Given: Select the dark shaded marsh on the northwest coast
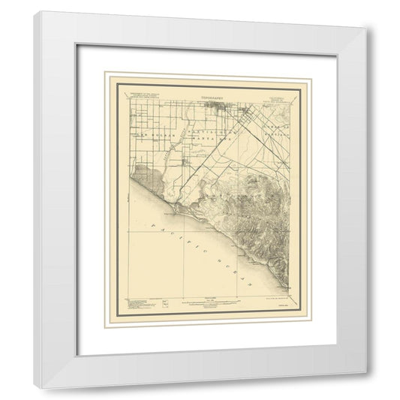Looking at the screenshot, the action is click(147, 177).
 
